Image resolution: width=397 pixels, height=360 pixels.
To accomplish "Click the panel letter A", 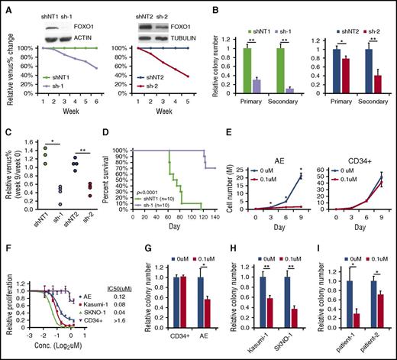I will click(x=6, y=7).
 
